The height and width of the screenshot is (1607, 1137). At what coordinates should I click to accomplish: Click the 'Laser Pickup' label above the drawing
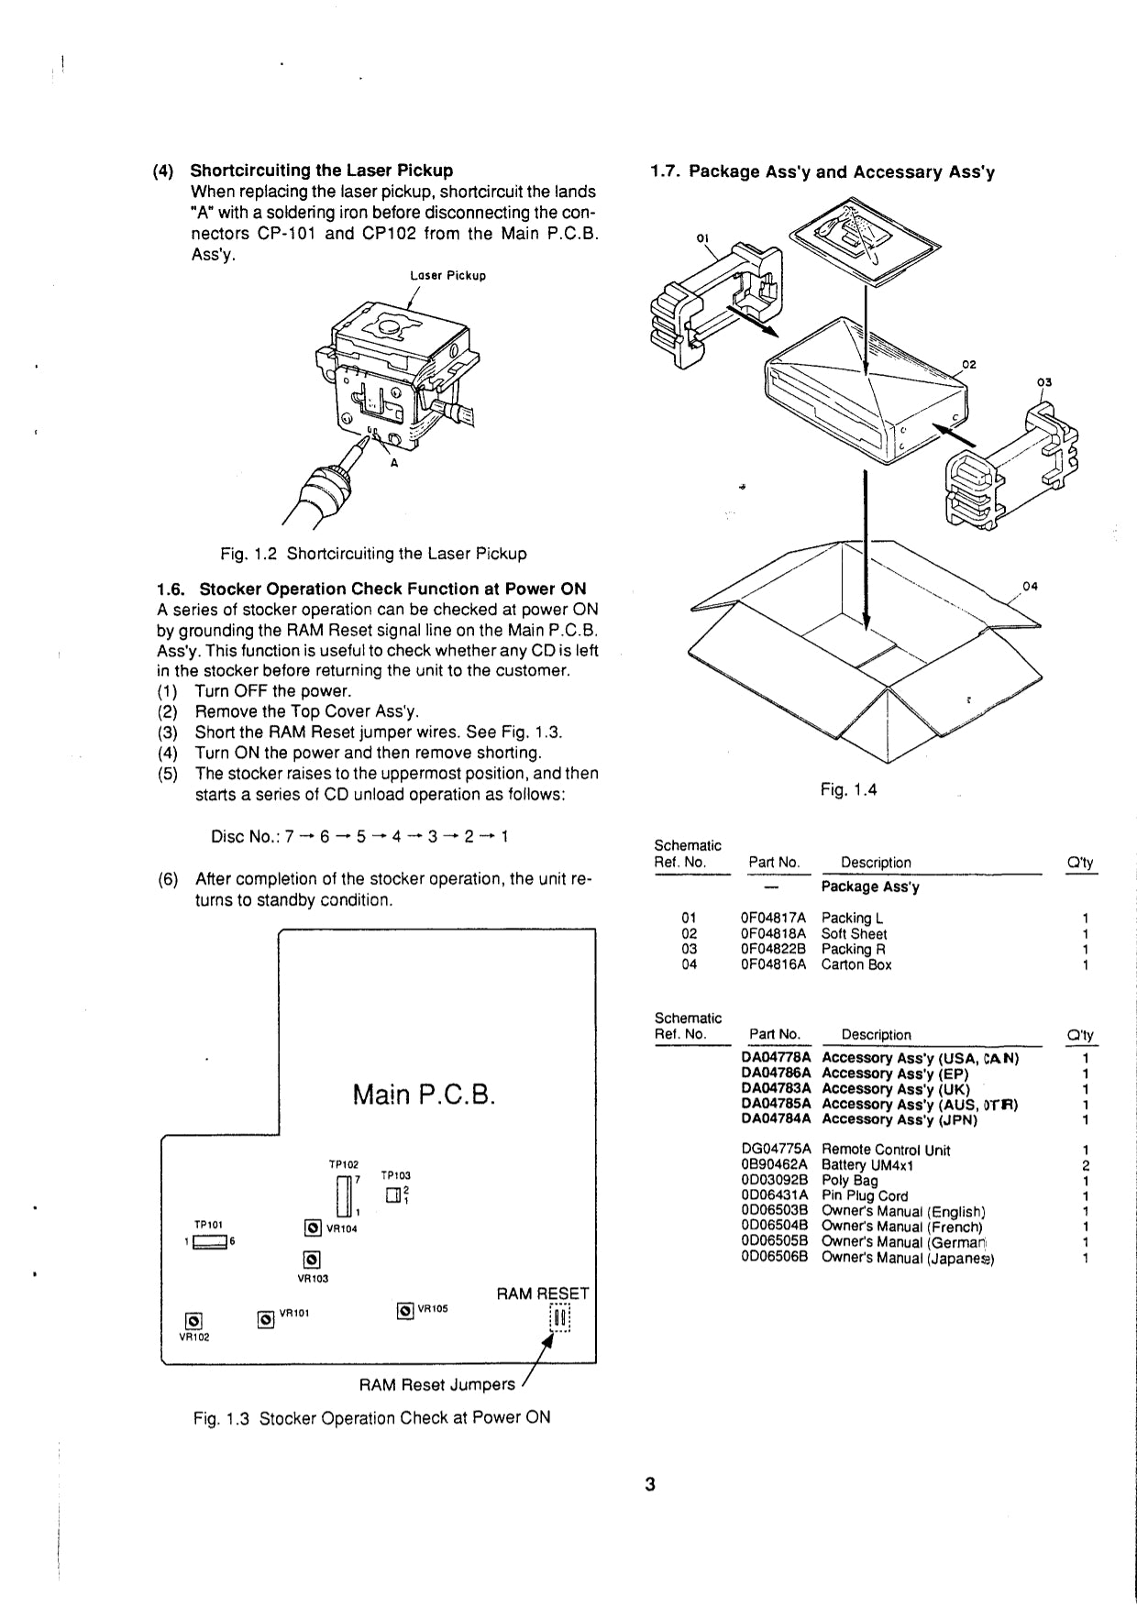pos(447,276)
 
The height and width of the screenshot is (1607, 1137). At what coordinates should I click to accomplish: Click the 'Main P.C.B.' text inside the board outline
pos(424,1095)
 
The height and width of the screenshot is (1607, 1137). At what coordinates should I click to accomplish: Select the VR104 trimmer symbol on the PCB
pos(313,1228)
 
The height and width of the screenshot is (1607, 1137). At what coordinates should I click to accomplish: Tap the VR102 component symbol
pos(193,1321)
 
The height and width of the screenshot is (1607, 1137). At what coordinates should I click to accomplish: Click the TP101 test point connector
pos(212,1242)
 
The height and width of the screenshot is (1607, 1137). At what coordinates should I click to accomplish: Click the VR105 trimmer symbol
pos(405,1311)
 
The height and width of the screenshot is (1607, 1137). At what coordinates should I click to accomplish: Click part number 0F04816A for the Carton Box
pos(773,964)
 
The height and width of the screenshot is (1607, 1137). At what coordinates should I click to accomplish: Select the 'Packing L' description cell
pos(852,918)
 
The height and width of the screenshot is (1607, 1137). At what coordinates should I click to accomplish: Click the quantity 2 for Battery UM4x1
pos(1085,1165)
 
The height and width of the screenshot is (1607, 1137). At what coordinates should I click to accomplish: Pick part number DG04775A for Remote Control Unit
pos(776,1150)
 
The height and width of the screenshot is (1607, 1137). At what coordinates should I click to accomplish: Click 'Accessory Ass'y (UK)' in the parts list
pos(895,1089)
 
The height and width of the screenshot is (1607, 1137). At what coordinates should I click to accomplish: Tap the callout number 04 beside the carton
pos(1029,587)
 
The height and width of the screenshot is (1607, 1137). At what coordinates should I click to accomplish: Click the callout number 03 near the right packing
pos(1044,382)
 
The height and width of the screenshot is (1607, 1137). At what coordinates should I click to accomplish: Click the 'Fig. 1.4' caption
pos(848,789)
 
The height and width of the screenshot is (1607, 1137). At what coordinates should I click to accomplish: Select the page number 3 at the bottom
pos(649,1484)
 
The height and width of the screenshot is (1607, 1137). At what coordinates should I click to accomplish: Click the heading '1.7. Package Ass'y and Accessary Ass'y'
pos(822,172)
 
